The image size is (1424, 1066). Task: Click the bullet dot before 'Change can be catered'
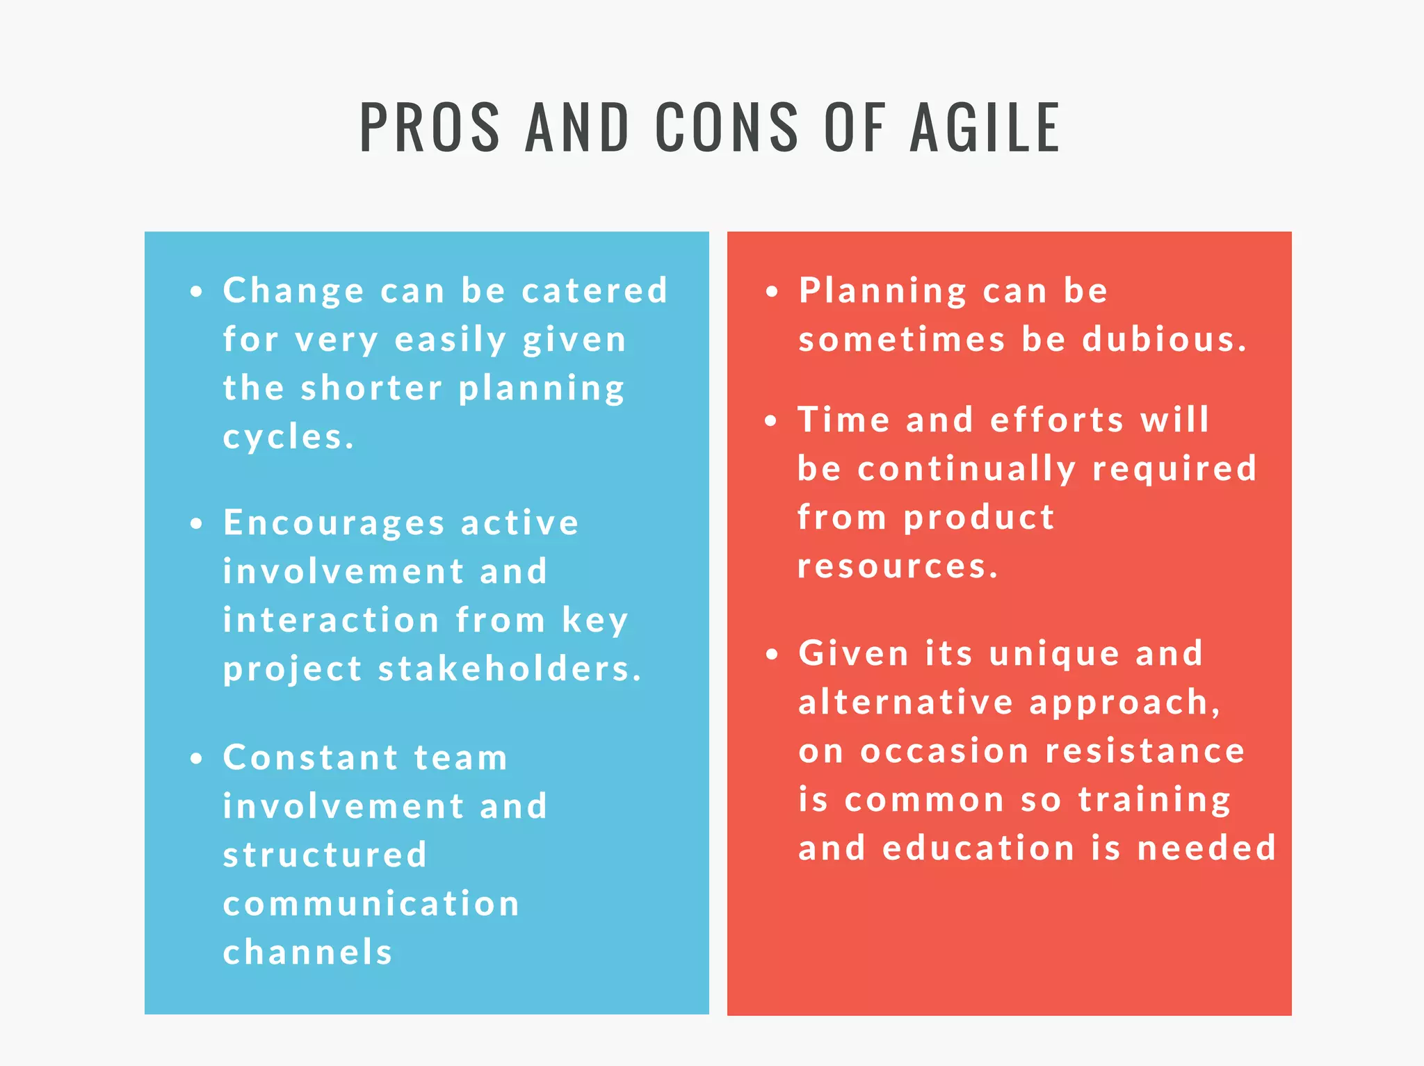[197, 292]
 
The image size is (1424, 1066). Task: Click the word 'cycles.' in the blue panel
[289, 437]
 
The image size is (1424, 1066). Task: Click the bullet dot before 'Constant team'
[197, 759]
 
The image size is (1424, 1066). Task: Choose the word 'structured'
[325, 855]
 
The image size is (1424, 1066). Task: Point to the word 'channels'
[308, 952]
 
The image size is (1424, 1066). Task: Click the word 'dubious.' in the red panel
[1165, 339]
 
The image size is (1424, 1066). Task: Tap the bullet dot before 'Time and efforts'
[771, 421]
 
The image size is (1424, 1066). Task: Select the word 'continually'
[967, 469]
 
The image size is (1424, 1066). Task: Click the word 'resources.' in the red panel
[898, 566]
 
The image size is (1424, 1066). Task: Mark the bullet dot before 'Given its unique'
[772, 655]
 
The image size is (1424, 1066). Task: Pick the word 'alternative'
[906, 702]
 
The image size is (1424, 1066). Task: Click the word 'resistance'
[1145, 751]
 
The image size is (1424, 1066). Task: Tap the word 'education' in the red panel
[978, 848]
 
